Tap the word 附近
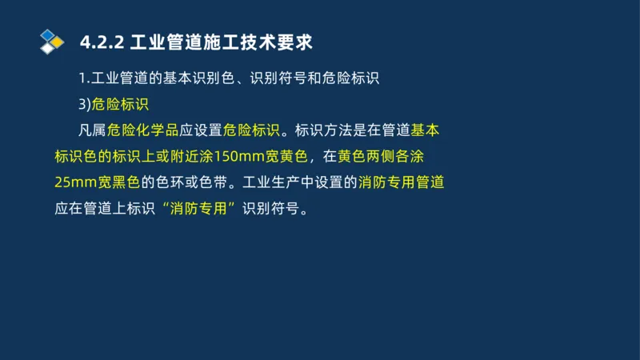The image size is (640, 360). (169, 155)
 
